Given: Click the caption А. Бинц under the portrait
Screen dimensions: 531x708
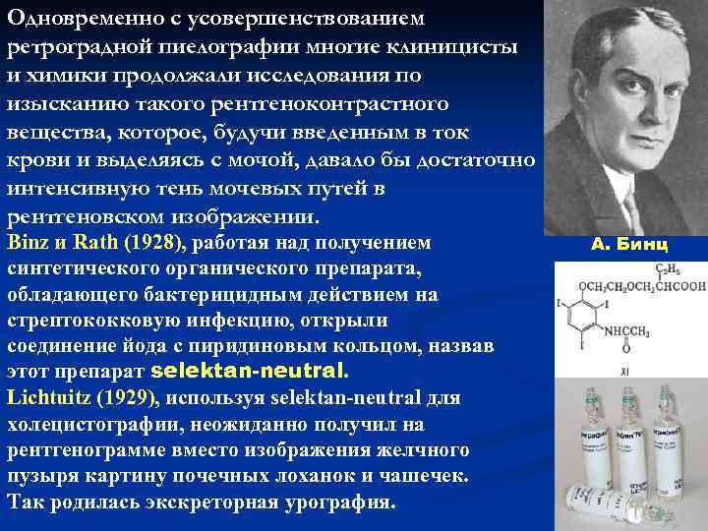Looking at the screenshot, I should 629,244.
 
